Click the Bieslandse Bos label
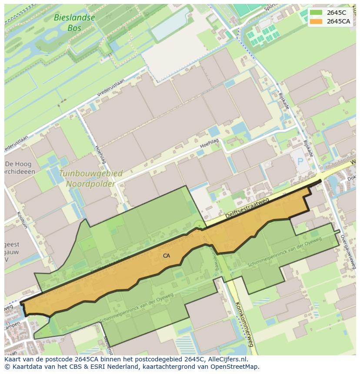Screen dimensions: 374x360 point(74,23)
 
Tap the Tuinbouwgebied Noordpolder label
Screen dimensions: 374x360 point(90,179)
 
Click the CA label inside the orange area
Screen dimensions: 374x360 point(167,256)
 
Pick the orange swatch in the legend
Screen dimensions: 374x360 point(316,22)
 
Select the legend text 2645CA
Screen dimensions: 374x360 point(339,22)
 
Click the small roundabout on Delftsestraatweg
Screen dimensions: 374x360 point(200,225)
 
